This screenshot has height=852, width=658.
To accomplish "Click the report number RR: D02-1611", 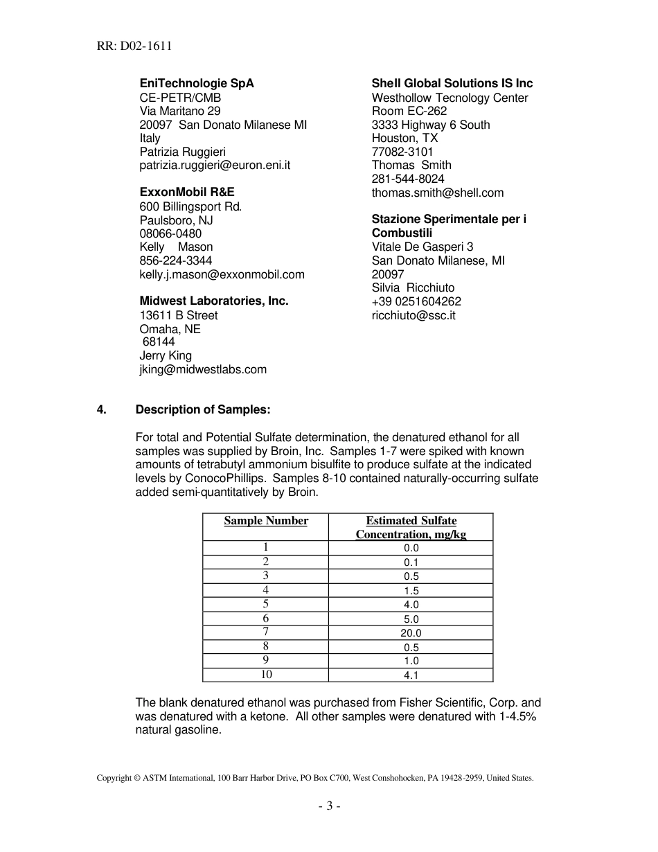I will tap(134, 46).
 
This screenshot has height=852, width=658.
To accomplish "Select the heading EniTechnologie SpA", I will tap(197, 83).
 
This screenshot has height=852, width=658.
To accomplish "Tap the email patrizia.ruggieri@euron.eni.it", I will tap(215, 166).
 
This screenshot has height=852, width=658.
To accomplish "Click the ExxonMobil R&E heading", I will tap(187, 192).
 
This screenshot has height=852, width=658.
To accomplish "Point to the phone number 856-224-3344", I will tap(176, 260).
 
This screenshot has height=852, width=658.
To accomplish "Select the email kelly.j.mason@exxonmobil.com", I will tap(222, 274).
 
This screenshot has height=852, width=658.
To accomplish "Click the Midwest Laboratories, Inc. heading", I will tap(214, 301).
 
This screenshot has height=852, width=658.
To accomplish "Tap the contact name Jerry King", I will tap(166, 355).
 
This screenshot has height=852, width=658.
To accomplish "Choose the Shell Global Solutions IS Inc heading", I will tap(452, 83).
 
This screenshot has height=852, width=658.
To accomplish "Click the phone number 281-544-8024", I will tap(408, 179).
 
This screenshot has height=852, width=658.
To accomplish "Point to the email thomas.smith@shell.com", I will tap(438, 193).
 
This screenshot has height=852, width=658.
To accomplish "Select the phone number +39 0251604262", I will tap(416, 301).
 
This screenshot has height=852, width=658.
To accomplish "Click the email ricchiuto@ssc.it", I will tap(414, 315).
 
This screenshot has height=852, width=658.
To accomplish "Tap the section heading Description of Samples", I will tap(202, 409).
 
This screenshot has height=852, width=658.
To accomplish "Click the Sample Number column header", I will tap(266, 521).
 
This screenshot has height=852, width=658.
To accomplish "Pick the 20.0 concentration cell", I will tap(411, 632).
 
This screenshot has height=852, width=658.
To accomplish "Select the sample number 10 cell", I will tap(266, 674).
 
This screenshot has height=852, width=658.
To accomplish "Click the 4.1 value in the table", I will tap(411, 675).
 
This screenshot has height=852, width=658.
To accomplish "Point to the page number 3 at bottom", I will tap(329, 806).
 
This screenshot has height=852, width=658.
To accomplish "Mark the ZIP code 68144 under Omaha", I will tap(159, 341).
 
